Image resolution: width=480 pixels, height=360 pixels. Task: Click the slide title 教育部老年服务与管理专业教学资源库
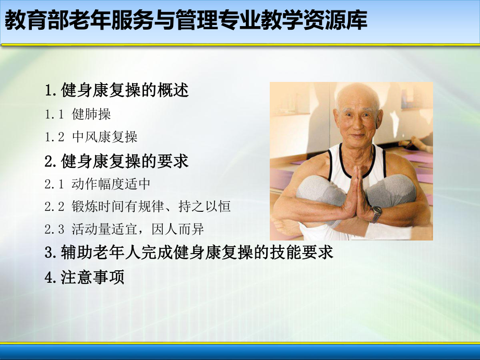pos(186,21)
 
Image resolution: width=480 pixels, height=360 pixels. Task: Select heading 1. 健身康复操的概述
pos(117,90)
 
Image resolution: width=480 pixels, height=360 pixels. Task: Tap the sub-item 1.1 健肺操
pos(78,114)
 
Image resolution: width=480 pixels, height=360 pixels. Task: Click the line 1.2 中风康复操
pos(91,137)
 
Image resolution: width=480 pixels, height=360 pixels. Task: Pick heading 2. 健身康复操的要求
pos(117,161)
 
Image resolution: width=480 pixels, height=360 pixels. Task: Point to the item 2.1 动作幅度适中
pos(98,184)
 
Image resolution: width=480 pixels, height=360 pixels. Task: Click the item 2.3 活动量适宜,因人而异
pos(124,230)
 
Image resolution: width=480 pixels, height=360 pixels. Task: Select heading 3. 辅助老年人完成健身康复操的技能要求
pos(189,253)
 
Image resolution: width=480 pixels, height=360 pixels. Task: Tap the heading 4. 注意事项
pos(85,277)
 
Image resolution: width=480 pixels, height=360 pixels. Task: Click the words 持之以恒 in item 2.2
pos(209,207)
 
